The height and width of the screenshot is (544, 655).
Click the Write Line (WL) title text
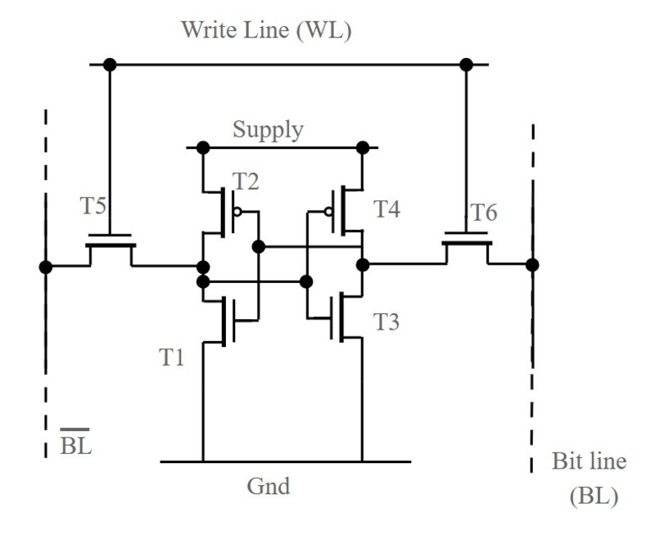pyautogui.click(x=266, y=30)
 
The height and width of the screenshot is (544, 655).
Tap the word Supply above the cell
pyautogui.click(x=268, y=129)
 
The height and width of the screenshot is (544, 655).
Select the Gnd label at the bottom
pyautogui.click(x=269, y=487)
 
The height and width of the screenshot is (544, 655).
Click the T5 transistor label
pyautogui.click(x=94, y=205)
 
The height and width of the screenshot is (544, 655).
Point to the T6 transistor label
pyautogui.click(x=482, y=213)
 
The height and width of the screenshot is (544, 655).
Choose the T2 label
pyautogui.click(x=246, y=182)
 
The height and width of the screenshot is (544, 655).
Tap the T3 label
pyautogui.click(x=386, y=322)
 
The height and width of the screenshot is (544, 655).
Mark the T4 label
pyautogui.click(x=387, y=209)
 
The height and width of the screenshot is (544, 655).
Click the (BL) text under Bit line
pyautogui.click(x=593, y=497)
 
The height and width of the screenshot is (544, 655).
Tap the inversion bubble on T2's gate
pyautogui.click(x=237, y=211)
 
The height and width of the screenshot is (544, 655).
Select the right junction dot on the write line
pyautogui.click(x=467, y=64)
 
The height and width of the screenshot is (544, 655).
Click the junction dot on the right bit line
pyautogui.click(x=532, y=264)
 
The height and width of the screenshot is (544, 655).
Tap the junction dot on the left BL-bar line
pyautogui.click(x=46, y=267)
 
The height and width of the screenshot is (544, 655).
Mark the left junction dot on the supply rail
pyautogui.click(x=203, y=148)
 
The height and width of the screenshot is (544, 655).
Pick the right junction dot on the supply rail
pyautogui.click(x=362, y=148)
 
